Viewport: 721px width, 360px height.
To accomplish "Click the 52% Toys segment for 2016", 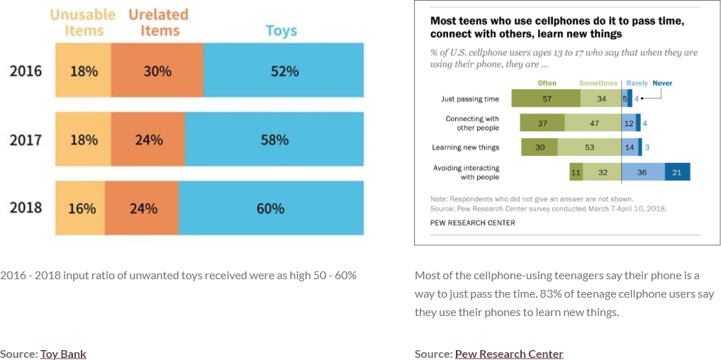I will click(x=284, y=71).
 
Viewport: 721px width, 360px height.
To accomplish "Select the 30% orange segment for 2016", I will click(x=157, y=71).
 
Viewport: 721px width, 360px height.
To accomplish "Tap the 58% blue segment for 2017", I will click(x=274, y=140).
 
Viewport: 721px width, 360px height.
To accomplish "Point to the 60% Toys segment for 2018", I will click(x=271, y=208).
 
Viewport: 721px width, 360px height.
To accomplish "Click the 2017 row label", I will click(x=26, y=140).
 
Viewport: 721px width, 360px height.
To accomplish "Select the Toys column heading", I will click(x=281, y=30).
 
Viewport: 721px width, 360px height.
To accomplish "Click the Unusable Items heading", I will click(x=84, y=23).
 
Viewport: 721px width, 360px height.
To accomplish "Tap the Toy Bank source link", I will click(x=63, y=354).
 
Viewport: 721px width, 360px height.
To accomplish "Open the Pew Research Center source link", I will click(x=509, y=354).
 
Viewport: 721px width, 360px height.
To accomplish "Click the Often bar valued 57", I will click(x=547, y=99).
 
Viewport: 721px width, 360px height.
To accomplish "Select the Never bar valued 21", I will click(x=677, y=171).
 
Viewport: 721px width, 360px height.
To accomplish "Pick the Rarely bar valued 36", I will click(x=643, y=171).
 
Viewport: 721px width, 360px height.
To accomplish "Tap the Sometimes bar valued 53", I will click(x=589, y=147).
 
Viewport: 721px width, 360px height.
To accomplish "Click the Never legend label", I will click(x=662, y=83).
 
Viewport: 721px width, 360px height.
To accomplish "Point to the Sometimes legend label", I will click(x=598, y=83).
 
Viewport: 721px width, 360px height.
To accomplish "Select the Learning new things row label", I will click(x=465, y=147).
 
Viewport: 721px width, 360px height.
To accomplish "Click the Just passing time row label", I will click(x=470, y=99).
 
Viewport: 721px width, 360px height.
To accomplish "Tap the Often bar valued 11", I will click(x=576, y=171).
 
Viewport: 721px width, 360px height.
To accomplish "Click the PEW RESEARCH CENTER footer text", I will click(x=473, y=223).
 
